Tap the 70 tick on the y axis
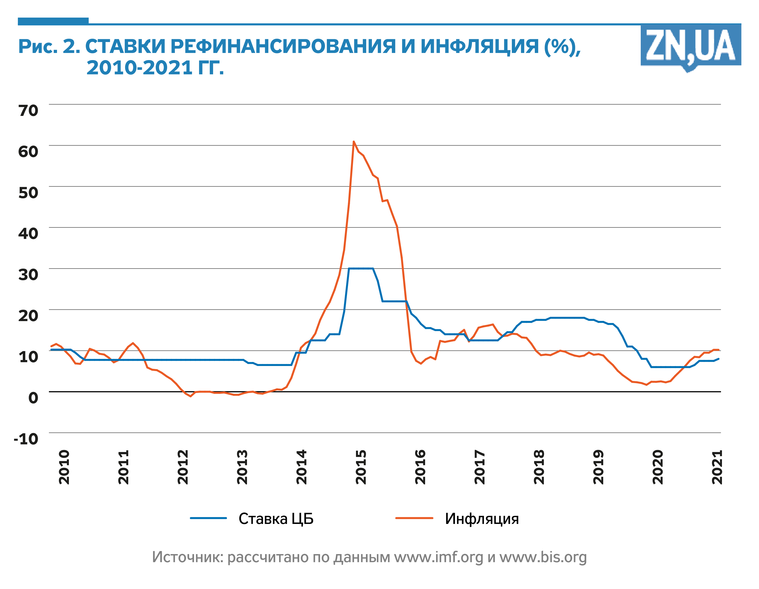click(x=28, y=110)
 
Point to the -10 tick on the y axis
click(x=26, y=439)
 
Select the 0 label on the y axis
click(x=33, y=398)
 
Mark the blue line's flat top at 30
click(x=361, y=268)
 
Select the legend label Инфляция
click(x=482, y=518)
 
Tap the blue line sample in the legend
click(x=208, y=518)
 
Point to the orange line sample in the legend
click(x=414, y=518)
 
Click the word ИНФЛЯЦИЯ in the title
click(x=479, y=46)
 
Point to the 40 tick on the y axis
click(x=28, y=233)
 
